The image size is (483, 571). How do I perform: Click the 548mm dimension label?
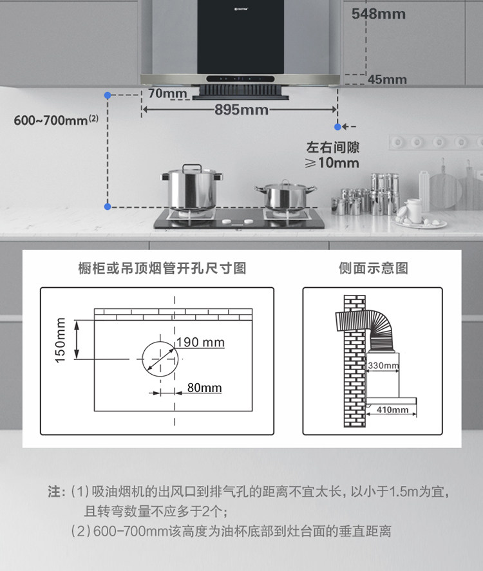pyautogui.click(x=379, y=14)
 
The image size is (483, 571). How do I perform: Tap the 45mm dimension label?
pyautogui.click(x=387, y=80)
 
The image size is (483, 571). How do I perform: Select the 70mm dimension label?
pyautogui.click(x=167, y=94)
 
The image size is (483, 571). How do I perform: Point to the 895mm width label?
pyautogui.click(x=241, y=110)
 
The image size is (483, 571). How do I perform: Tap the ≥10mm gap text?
pyautogui.click(x=332, y=163)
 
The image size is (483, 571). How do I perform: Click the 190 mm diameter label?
pyautogui.click(x=201, y=342)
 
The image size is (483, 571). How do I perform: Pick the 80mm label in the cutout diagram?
pyautogui.click(x=204, y=388)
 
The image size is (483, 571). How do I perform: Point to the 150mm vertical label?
pyautogui.click(x=61, y=340)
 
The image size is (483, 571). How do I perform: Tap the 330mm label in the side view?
pyautogui.click(x=383, y=366)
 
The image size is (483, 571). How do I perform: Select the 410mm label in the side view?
pyautogui.click(x=392, y=409)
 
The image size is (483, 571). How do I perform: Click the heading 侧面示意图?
pyautogui.click(x=374, y=268)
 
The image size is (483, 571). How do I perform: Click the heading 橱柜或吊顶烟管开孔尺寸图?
pyautogui.click(x=162, y=268)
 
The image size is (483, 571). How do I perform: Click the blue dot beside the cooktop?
pyautogui.click(x=108, y=206)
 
